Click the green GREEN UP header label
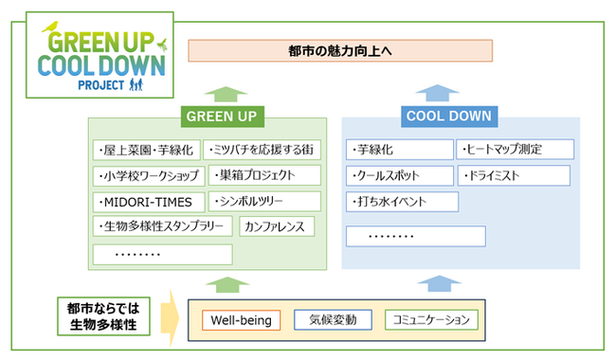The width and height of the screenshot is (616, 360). click(x=222, y=117)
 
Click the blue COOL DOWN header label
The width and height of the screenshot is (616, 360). click(x=448, y=117)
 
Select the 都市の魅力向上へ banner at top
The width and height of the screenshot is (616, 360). click(x=340, y=49)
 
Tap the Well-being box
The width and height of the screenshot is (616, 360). click(x=242, y=320)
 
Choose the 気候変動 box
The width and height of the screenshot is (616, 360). click(x=333, y=320)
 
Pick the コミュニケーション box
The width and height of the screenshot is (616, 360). click(x=431, y=320)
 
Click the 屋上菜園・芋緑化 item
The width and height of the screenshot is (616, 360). click(x=146, y=150)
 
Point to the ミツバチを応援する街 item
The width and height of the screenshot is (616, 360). click(x=263, y=150)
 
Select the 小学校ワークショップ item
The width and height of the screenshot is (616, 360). click(x=146, y=175)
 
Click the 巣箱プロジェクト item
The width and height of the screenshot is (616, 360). click(x=263, y=175)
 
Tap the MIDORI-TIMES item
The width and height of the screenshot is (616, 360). click(x=146, y=202)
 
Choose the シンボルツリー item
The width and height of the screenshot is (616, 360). click(x=263, y=202)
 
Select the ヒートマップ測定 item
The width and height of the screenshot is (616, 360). click(x=516, y=150)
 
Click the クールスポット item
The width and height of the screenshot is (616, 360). click(x=398, y=175)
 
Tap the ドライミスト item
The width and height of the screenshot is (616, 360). click(x=514, y=175)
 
